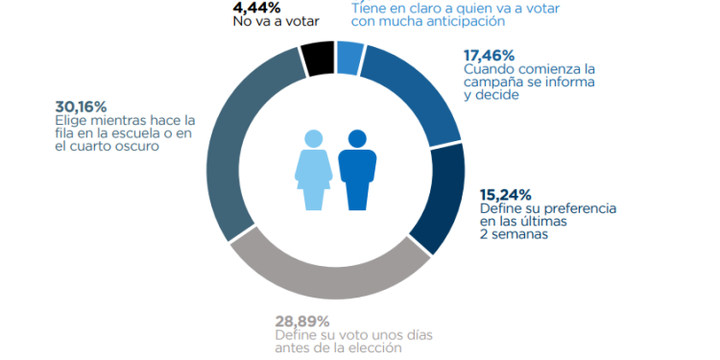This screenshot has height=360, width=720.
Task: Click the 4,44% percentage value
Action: (257, 8)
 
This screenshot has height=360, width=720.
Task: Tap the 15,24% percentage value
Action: (505, 193)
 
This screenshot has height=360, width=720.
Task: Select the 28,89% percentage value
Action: (301, 320)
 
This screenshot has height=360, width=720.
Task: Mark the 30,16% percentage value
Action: (83, 105)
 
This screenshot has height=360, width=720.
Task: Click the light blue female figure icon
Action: (314, 170)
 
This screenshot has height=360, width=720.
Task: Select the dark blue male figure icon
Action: (357, 170)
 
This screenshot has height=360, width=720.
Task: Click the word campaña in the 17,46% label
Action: (491, 83)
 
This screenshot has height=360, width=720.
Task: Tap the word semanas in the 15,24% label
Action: (519, 233)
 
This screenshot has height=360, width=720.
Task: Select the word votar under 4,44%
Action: (300, 20)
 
